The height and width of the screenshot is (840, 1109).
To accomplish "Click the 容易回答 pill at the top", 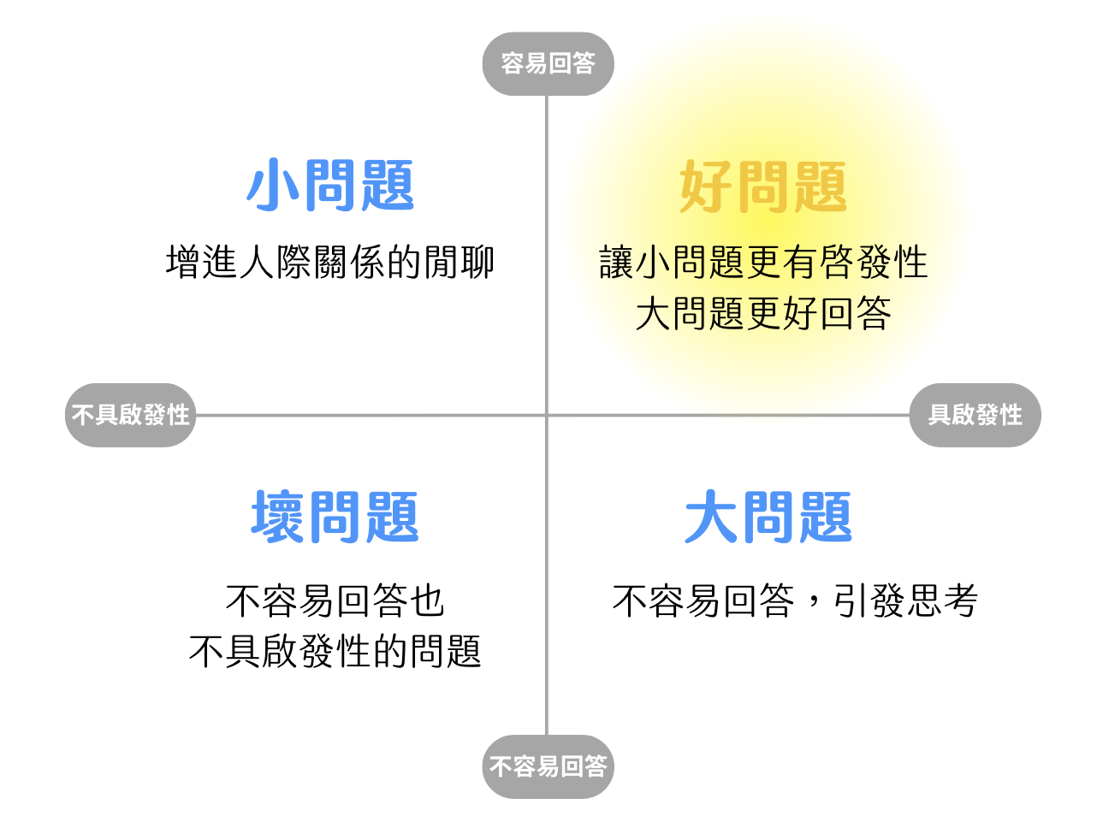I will (548, 64).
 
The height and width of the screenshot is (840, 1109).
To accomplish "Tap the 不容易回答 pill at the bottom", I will (548, 766).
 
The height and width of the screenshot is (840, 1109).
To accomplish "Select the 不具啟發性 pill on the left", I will (131, 416).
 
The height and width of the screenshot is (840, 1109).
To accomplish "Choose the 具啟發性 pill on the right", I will (975, 416).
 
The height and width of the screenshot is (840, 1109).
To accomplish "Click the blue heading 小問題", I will (330, 186).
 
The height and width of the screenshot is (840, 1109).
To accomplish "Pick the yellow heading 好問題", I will (762, 187).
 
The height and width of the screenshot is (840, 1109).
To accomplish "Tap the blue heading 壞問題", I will (335, 518).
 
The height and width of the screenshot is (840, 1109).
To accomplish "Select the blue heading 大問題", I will (768, 518).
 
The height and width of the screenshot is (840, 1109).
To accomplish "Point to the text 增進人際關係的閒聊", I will (330, 263).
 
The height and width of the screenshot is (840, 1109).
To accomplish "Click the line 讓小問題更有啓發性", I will (763, 263).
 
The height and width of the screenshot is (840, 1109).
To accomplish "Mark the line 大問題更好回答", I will (763, 314).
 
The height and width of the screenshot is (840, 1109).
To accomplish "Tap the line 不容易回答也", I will (335, 601).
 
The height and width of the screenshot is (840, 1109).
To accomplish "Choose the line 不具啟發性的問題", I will (335, 652).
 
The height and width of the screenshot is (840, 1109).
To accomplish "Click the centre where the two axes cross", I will (547, 416).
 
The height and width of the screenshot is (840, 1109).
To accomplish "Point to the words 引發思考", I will (906, 601).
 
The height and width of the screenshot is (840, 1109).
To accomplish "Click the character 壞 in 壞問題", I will (277, 518).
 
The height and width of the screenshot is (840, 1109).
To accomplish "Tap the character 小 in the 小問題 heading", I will (273, 186).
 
